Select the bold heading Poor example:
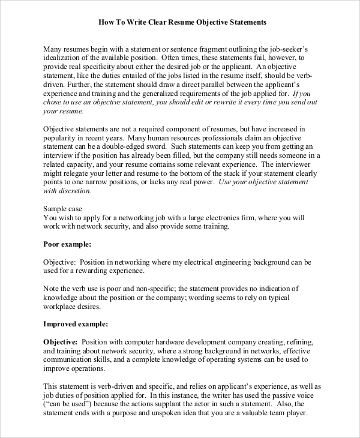pos(68,245)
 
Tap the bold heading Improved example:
pos(76,324)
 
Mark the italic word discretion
pos(71,191)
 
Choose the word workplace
pos(65,306)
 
